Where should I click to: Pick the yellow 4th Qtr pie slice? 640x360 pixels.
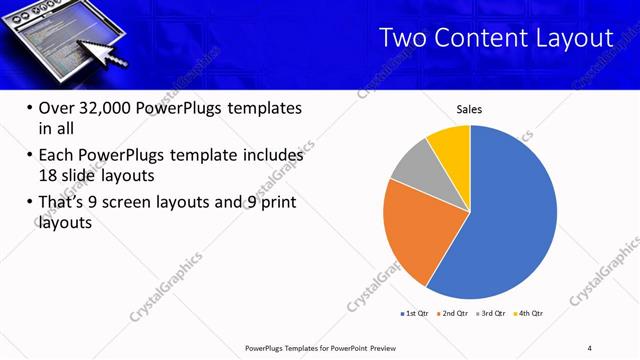[x=451, y=146]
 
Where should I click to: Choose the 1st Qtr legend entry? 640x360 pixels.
[x=415, y=313]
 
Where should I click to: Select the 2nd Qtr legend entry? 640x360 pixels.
[x=453, y=313]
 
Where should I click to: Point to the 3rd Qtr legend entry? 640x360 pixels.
[x=490, y=313]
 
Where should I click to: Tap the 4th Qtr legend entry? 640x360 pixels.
[x=528, y=313]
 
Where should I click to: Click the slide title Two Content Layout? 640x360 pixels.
[x=497, y=38]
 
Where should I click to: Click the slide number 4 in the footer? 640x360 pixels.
[x=589, y=347]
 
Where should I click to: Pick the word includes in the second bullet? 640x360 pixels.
[x=269, y=156]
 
